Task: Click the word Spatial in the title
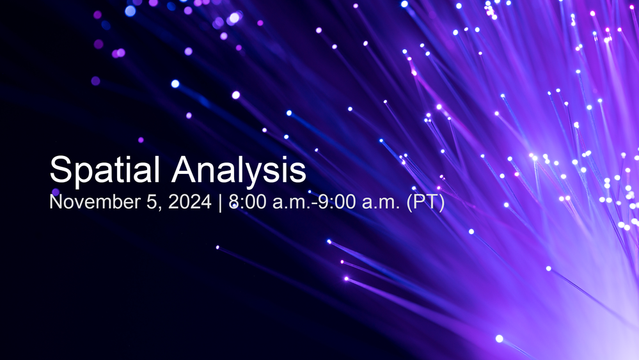pos(104,170)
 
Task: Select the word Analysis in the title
pos(239,170)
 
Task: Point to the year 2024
pos(189,201)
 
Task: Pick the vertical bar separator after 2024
pos(220,203)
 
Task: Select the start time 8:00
pos(248,201)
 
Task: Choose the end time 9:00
pos(337,201)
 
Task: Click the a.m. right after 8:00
pos(292,203)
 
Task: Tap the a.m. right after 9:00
pos(381,203)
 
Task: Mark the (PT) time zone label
pos(425,203)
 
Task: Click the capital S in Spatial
pos(60,169)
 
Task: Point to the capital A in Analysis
pos(184,169)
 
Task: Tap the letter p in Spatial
pos(83,175)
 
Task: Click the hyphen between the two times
pos(314,203)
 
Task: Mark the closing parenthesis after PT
pos(441,203)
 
